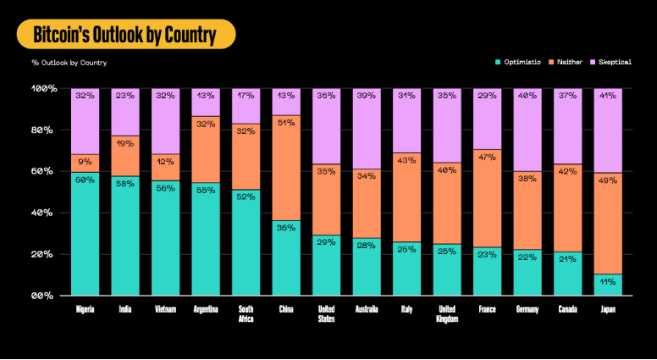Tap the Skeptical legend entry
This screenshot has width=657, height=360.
click(614, 62)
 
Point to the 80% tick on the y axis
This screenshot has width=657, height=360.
click(44, 130)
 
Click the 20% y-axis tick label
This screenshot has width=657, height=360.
click(44, 255)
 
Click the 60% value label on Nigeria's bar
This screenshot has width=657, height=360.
click(85, 180)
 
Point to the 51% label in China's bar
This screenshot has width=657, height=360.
click(286, 123)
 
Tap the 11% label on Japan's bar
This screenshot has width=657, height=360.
click(608, 281)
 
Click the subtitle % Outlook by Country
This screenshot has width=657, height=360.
click(69, 63)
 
